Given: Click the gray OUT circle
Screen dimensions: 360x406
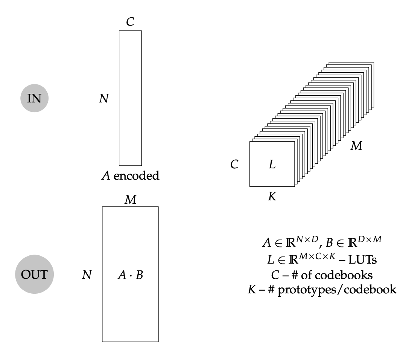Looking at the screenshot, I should click(34, 275).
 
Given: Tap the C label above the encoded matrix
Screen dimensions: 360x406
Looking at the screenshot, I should click(130, 22).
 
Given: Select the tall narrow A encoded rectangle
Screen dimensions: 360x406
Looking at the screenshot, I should click(130, 98).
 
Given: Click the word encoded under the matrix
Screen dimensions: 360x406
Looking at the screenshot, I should click(136, 175).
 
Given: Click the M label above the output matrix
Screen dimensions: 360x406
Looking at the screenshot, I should click(130, 200).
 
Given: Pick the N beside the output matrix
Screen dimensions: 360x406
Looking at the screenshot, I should click(87, 275).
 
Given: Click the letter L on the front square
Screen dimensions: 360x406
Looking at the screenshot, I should click(272, 164).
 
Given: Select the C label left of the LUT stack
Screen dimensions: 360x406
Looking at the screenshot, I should click(234, 165).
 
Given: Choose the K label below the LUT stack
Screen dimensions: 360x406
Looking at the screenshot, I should click(272, 196).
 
